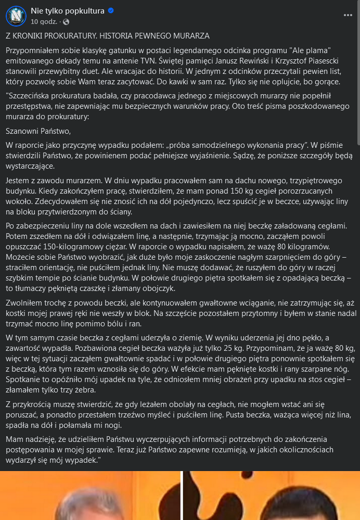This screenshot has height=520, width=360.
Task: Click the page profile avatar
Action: pos(16,16)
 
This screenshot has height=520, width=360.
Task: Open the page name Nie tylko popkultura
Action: pos(67,11)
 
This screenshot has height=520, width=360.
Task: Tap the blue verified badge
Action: pos(111,11)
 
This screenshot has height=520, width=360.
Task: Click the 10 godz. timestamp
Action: pos(44,22)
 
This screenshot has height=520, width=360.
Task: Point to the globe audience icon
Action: pos(66,22)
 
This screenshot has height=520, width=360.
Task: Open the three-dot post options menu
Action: pos(348,16)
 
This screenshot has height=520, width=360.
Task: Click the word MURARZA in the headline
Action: pos(192,36)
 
